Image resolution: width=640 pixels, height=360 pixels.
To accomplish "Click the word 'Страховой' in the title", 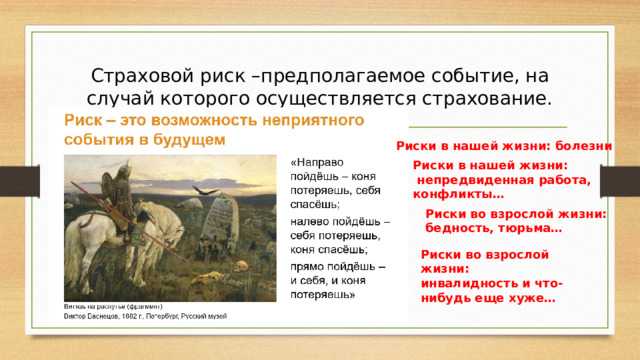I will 137,76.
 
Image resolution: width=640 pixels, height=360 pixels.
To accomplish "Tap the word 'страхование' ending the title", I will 492,99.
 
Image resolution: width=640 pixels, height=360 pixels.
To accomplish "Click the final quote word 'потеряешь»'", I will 322,297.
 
